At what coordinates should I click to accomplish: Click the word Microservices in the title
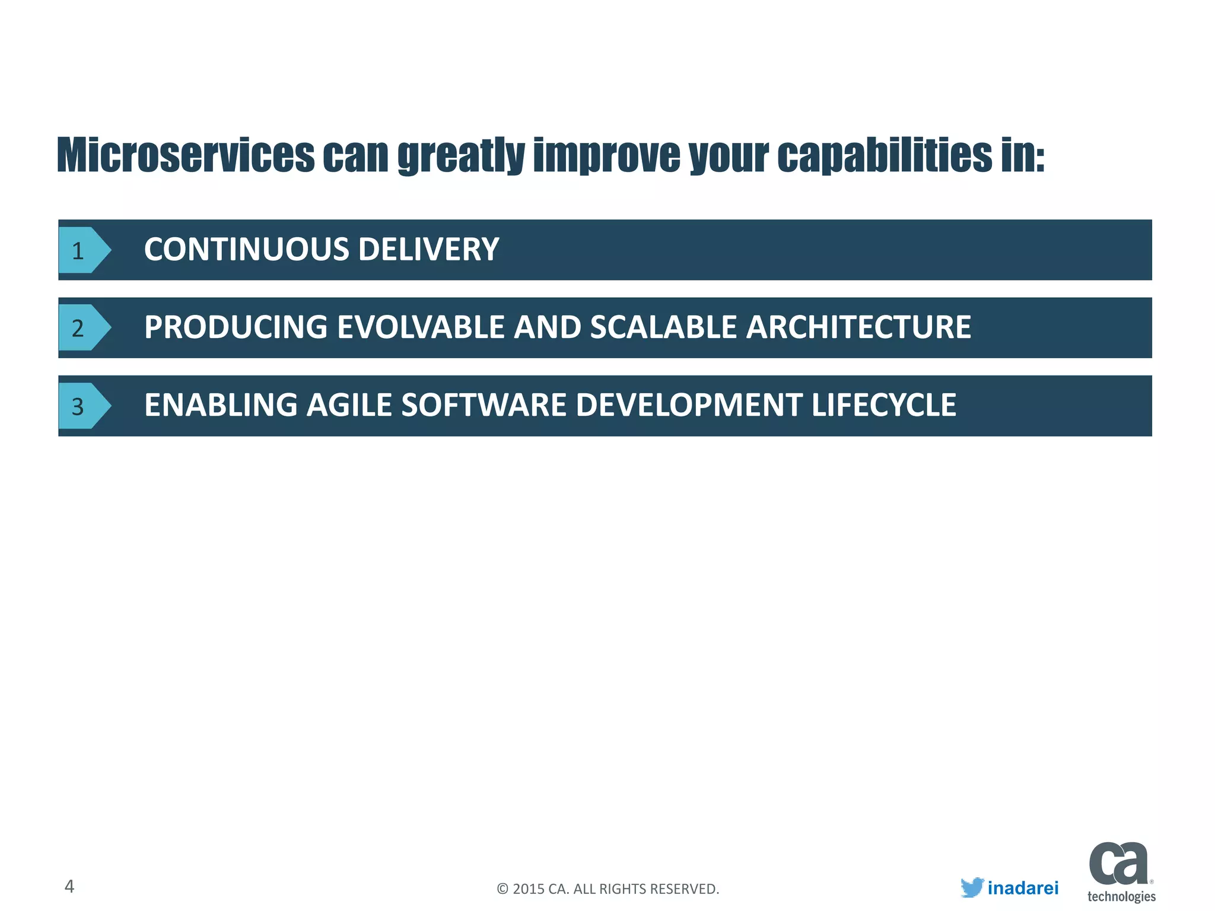(x=185, y=155)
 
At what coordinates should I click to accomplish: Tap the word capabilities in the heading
(x=884, y=155)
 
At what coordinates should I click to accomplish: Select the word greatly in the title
(x=461, y=157)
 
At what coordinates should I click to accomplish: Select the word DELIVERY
(x=428, y=249)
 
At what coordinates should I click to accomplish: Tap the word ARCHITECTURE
(x=858, y=327)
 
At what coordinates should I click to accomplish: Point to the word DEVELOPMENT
(x=689, y=405)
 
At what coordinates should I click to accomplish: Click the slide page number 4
(x=69, y=886)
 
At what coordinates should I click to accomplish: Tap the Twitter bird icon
(x=972, y=887)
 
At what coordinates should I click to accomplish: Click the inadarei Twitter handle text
(x=1023, y=888)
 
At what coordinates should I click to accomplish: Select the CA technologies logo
(x=1120, y=871)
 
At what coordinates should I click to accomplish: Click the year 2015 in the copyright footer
(x=528, y=889)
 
